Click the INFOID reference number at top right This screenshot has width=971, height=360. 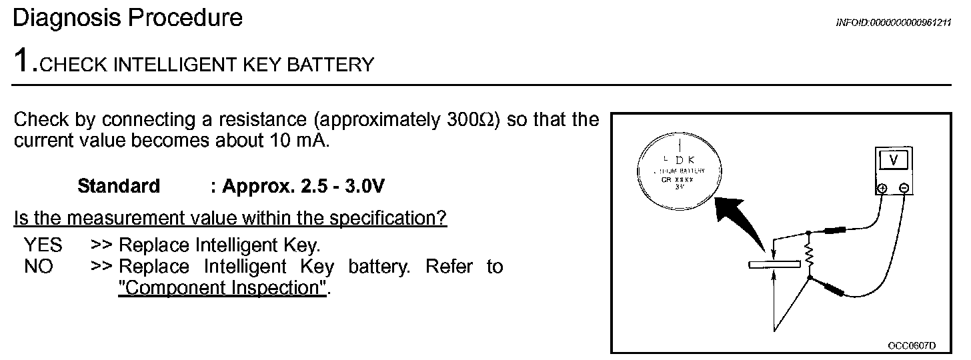click(893, 23)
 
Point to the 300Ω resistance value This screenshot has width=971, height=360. click(467, 120)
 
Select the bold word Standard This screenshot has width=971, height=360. click(119, 186)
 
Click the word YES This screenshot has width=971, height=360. click(43, 245)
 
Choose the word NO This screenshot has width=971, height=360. click(38, 267)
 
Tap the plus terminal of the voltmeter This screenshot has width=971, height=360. click(882, 189)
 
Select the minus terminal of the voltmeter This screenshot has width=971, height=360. click(904, 189)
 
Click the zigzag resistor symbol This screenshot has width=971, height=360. click(810, 254)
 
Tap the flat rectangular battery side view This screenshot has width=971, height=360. click(773, 265)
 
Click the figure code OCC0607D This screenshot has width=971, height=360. click(912, 345)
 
